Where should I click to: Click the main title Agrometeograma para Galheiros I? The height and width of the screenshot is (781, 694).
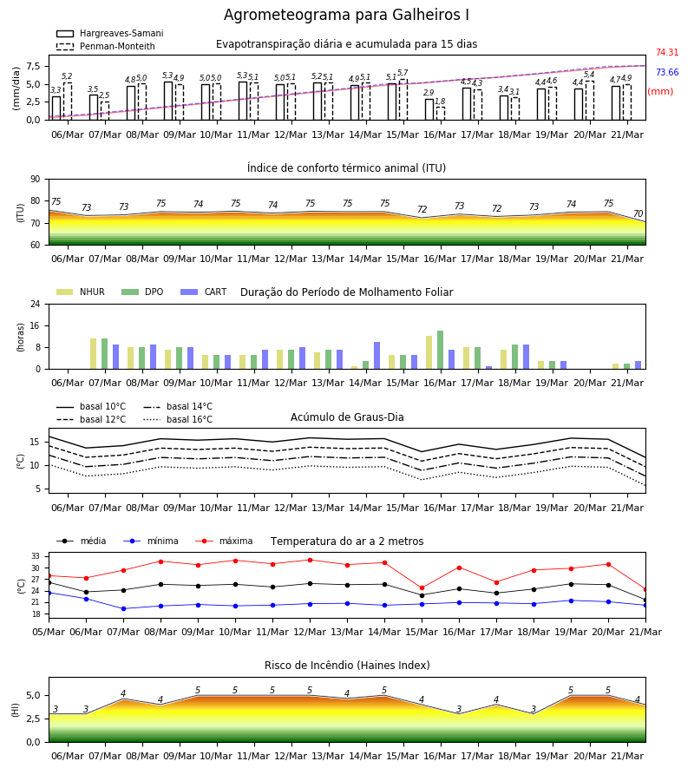tap(346, 15)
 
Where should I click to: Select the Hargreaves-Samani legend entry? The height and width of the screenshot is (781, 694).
tap(109, 33)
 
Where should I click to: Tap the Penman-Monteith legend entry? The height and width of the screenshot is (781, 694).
tap(106, 46)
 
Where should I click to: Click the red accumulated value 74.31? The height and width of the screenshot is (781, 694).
tap(667, 52)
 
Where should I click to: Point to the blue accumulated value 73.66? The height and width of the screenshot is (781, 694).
tap(667, 72)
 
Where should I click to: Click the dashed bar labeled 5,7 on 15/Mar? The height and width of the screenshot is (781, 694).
tap(403, 100)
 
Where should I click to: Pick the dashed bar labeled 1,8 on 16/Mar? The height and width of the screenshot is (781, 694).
tap(441, 114)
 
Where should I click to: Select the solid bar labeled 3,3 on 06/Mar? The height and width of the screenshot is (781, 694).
tap(56, 108)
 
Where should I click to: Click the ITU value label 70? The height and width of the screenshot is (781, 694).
tap(638, 213)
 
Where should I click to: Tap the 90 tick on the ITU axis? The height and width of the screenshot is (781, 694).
tap(36, 180)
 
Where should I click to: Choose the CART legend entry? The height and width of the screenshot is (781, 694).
tap(204, 292)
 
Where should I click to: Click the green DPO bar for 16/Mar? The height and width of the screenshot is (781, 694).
tap(440, 350)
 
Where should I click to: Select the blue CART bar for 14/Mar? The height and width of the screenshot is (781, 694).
tap(376, 356)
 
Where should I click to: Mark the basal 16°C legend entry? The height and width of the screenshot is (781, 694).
tap(178, 419)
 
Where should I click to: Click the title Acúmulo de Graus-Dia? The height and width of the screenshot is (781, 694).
tap(347, 417)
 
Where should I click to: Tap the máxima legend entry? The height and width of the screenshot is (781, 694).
tap(225, 541)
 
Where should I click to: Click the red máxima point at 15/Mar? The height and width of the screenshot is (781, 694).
tap(422, 588)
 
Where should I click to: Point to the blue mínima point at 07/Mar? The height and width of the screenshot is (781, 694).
tap(123, 608)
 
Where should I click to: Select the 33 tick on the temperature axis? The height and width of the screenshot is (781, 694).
tap(36, 556)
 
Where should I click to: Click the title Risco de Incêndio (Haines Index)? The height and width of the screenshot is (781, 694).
tap(347, 666)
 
